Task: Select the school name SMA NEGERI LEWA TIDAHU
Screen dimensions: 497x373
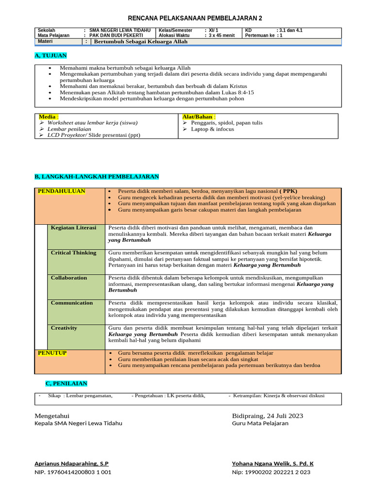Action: coord(120,30)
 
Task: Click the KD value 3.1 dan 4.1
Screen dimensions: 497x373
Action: coord(289,30)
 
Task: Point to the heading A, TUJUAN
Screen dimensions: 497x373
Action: coord(51,56)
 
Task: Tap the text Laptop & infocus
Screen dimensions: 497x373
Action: coord(212,130)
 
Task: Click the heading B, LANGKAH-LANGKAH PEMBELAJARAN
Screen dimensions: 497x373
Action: coord(97,176)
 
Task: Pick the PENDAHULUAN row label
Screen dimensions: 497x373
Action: coord(62,191)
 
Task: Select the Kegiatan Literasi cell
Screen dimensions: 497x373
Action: coord(73,228)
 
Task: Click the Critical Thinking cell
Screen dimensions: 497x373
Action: coord(73,253)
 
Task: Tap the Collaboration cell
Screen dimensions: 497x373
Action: coord(69,278)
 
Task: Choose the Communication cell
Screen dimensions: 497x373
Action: coord(71,303)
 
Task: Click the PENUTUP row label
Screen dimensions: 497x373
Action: coord(52,353)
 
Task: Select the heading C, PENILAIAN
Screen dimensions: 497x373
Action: coord(66,383)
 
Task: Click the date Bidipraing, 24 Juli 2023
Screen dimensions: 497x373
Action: coord(268,416)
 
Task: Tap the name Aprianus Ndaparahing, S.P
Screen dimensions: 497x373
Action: coord(71,464)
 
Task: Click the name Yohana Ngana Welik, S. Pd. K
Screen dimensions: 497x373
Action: coord(272,464)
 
